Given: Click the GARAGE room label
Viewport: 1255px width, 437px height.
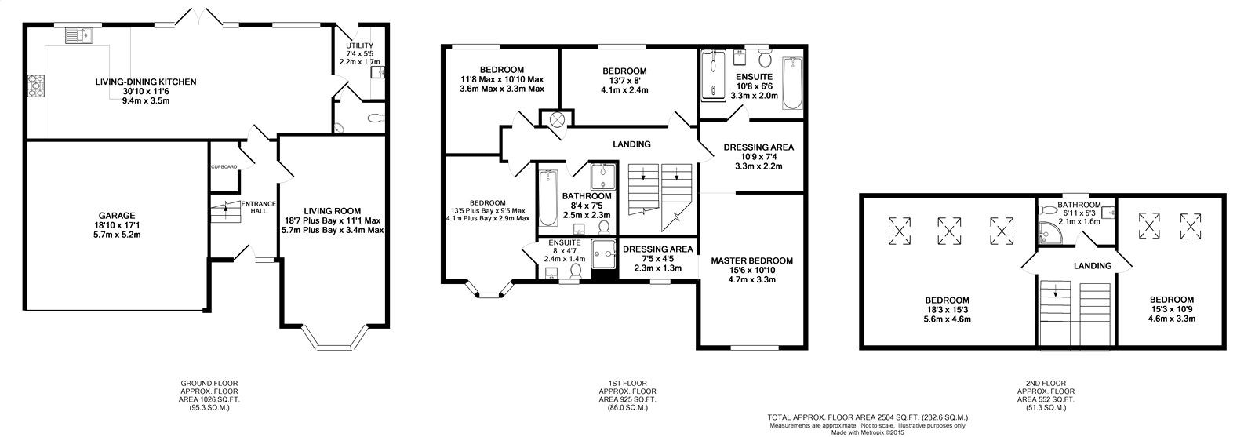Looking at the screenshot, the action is [117, 216].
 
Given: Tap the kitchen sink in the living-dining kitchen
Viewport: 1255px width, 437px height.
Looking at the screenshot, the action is [79, 36].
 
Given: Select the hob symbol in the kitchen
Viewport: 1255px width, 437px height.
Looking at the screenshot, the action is [36, 86].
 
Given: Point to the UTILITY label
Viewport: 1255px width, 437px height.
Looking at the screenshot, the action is [360, 46].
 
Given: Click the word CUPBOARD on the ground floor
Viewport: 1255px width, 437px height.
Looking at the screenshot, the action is [224, 167].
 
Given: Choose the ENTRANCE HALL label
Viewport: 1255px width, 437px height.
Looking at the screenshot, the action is [258, 207].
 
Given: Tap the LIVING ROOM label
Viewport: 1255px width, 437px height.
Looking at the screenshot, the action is [333, 211].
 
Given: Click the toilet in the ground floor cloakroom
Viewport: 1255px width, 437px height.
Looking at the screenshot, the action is [377, 118].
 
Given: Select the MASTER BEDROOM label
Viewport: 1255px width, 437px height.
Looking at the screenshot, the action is [752, 260].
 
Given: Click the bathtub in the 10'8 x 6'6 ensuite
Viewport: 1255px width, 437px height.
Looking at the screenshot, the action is [792, 83].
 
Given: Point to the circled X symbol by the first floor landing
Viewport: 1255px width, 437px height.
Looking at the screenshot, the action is [557, 119].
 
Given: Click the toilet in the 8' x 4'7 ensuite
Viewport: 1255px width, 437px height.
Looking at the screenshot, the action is [576, 271].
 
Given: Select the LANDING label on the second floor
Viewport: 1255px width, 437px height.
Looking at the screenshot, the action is [1093, 266].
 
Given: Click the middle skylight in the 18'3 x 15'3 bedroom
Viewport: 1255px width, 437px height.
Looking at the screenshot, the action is [948, 231].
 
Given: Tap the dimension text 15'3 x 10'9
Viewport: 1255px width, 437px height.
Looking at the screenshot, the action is [1172, 309].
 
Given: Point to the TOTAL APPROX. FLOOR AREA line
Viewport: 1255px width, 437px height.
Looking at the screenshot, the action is [868, 417].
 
